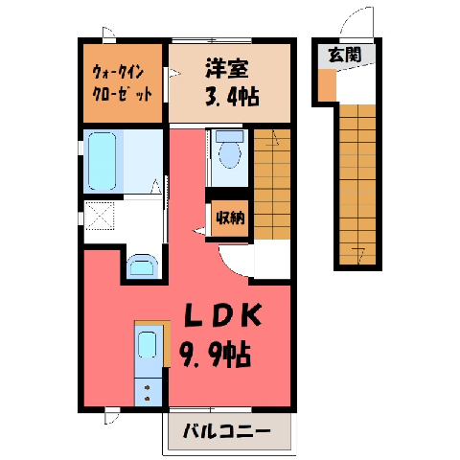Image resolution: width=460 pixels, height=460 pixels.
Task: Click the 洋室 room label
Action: (x=226, y=68)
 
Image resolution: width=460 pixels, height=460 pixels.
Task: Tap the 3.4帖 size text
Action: (x=232, y=96)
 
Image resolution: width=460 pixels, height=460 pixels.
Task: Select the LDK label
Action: (x=222, y=315)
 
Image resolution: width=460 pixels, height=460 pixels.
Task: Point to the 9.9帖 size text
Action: (x=215, y=356)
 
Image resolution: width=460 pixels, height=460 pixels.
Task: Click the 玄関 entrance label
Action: (x=345, y=55)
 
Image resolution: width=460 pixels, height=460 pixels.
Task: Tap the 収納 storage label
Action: (x=230, y=218)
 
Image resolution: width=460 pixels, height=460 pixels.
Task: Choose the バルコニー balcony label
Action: (x=227, y=431)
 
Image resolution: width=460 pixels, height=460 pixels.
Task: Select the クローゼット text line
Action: (x=122, y=94)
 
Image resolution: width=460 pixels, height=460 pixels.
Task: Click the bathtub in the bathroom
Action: (x=102, y=161)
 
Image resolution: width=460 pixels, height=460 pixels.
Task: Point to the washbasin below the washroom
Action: (x=143, y=265)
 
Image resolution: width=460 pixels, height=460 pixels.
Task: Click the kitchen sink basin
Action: (x=147, y=344)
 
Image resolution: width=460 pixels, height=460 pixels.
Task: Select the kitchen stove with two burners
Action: (x=148, y=392)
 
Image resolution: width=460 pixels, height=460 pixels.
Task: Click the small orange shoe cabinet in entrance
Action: (x=327, y=84)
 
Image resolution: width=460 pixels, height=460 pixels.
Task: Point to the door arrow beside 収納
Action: (x=198, y=231)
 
